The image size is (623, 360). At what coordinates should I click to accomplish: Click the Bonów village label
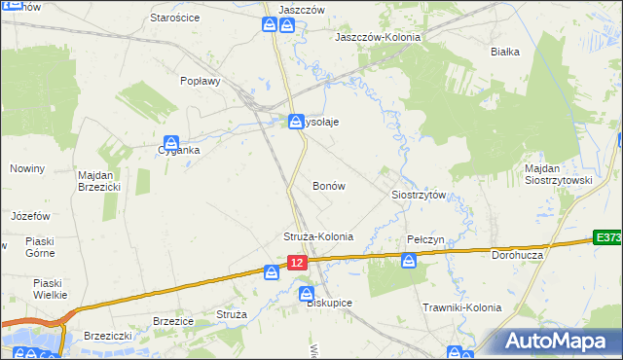pos(329,185)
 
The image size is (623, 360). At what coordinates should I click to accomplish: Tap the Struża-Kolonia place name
pos(317,236)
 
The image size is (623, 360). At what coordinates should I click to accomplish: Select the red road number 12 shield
pos(298,263)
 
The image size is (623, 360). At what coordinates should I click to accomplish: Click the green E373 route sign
pos(608,238)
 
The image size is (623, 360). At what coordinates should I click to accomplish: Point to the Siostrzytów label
pos(419,195)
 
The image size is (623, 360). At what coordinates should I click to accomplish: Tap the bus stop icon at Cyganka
pos(171,142)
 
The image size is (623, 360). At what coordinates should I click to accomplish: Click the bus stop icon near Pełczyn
pos(409,259)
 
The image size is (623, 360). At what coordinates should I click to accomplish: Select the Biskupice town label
pos(329,303)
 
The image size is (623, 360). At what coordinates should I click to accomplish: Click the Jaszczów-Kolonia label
pos(378,37)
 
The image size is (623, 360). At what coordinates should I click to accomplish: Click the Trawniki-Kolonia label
pos(461,307)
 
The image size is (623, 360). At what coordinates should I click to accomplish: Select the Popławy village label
pos(201,82)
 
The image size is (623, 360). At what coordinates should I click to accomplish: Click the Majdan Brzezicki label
pos(98,181)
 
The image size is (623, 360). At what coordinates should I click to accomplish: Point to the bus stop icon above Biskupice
pos(308,292)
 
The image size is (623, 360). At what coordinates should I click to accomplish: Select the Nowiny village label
pos(27,168)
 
